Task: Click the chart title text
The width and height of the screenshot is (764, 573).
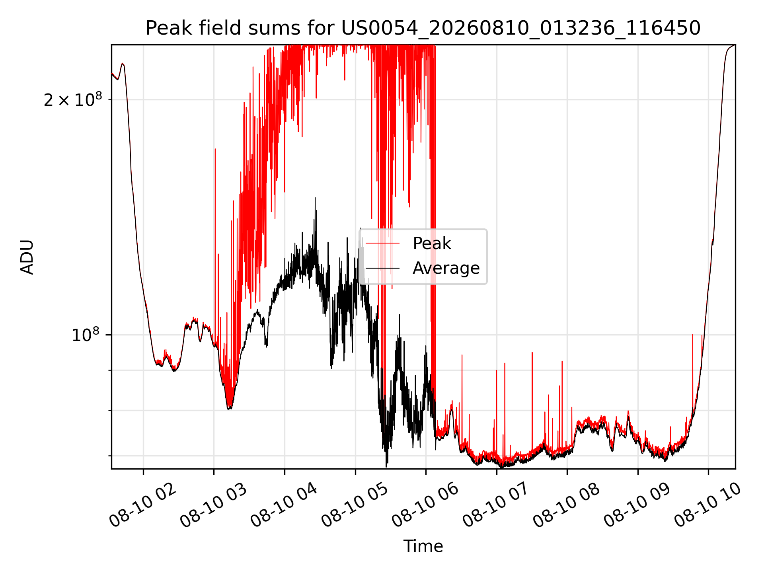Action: coord(423,28)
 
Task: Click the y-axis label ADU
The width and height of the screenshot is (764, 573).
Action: coord(27,257)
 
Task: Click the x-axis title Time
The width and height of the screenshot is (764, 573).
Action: coord(423,546)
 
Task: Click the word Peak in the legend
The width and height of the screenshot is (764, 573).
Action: coord(432,243)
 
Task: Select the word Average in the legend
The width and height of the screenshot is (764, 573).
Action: coord(446,268)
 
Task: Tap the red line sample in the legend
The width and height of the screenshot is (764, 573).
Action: coord(382,243)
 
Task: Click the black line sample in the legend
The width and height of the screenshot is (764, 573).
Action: coord(382,268)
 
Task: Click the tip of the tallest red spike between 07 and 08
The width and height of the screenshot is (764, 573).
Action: coord(532,353)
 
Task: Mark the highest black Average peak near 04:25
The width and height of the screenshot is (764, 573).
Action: coord(315,198)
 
